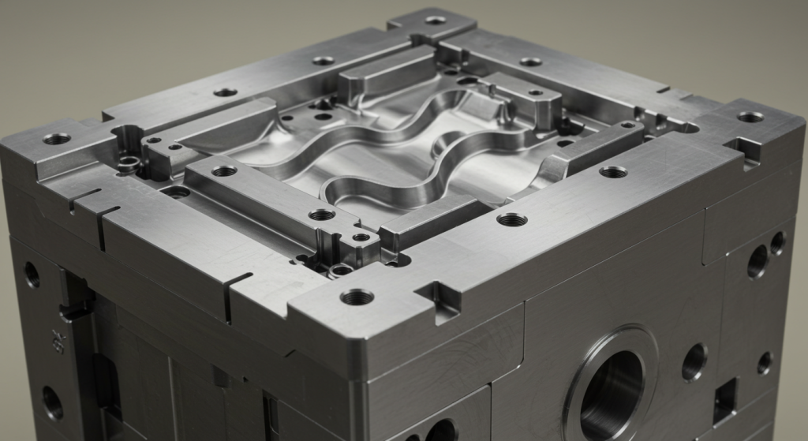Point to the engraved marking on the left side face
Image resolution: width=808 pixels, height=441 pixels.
click(x=58, y=341)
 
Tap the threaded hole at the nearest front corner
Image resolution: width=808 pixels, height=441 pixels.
click(x=357, y=297)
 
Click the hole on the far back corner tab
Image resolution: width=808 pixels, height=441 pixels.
click(x=436, y=20)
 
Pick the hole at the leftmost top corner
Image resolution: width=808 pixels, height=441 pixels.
click(x=56, y=139)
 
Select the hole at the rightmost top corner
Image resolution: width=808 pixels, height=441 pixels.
click(x=750, y=117)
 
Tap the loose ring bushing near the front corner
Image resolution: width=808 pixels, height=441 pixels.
click(x=341, y=269)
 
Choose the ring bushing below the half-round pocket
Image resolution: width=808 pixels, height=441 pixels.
click(x=129, y=163)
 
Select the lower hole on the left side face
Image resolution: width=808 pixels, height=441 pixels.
click(x=52, y=402)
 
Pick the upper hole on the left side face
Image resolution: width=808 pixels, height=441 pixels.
click(x=32, y=274)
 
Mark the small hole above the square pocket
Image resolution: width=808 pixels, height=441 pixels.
click(x=765, y=363)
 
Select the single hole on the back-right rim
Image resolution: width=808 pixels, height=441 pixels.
click(x=530, y=62)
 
